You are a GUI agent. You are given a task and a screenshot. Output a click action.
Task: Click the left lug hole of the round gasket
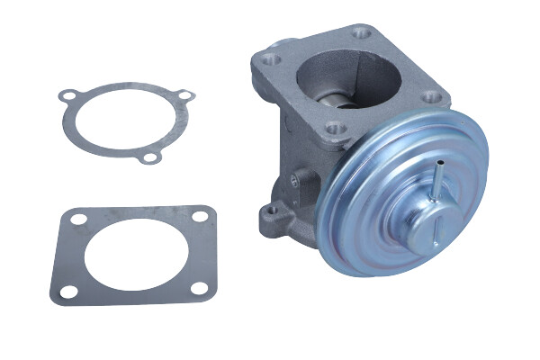point(67,96)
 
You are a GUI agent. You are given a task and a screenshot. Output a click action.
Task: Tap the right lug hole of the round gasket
point(184,95)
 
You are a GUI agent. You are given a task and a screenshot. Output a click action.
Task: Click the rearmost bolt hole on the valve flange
point(364,34)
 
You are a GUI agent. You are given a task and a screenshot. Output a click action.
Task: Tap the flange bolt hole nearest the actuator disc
point(335,128)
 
